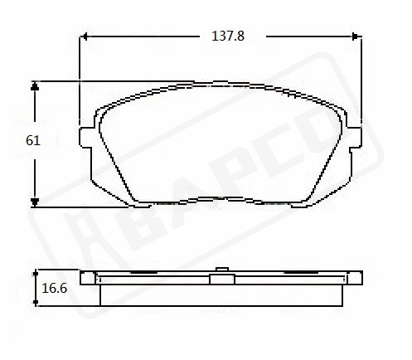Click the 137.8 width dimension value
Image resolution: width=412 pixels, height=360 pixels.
tap(228, 36)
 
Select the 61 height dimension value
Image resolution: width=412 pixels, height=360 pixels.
tap(33, 140)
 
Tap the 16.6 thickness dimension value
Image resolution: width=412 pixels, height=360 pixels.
tap(54, 289)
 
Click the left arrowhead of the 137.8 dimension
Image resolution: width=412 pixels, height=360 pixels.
tap(84, 36)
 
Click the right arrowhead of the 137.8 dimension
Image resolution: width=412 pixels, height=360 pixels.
tap(357, 36)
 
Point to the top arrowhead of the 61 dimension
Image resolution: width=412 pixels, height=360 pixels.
tap(35, 85)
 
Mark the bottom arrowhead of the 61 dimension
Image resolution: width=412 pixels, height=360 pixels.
tap(35, 202)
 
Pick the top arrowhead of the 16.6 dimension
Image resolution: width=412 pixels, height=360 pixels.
tap(36, 273)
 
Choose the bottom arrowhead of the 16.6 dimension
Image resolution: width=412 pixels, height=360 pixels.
tap(36, 303)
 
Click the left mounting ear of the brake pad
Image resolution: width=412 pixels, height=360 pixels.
tap(85, 138)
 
